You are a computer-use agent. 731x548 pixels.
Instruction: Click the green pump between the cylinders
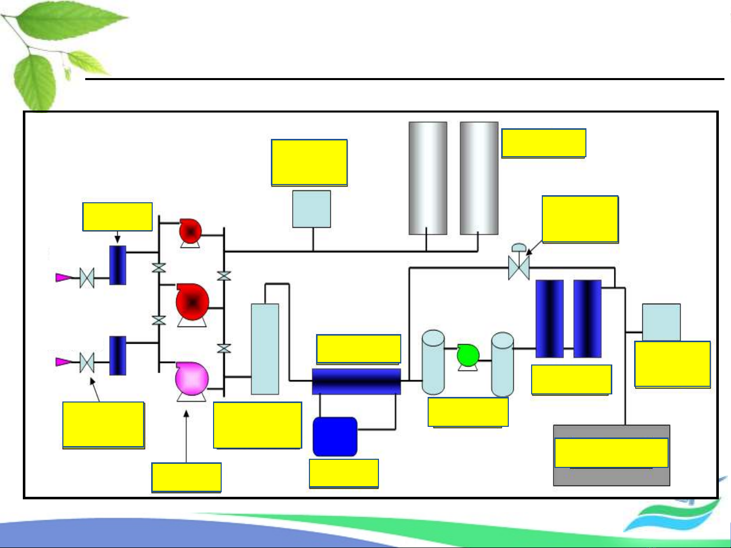tap(468, 355)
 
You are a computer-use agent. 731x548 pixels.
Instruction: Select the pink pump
tap(192, 379)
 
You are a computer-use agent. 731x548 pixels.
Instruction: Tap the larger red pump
tap(192, 302)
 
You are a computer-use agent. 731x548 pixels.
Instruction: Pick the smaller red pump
tap(190, 232)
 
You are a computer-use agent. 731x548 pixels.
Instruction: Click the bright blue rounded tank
tap(335, 436)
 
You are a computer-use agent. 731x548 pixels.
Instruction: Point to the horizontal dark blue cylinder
tap(356, 381)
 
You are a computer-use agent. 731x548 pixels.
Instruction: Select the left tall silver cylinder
tap(428, 178)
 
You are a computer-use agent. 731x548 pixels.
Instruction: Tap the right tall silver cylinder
tap(479, 178)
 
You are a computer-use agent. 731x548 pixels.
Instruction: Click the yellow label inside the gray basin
tap(611, 453)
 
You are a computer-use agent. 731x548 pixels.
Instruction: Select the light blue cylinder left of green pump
tap(433, 362)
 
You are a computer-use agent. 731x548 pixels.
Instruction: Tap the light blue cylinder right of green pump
tap(502, 364)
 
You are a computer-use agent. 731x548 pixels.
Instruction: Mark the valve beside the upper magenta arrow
tap(87, 278)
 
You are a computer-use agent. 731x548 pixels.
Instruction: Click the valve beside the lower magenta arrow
tap(87, 362)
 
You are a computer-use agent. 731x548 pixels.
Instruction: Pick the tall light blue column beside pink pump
tap(265, 349)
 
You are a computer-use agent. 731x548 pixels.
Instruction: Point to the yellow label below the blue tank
tap(344, 473)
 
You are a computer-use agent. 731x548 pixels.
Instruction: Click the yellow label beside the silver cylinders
tap(543, 143)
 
